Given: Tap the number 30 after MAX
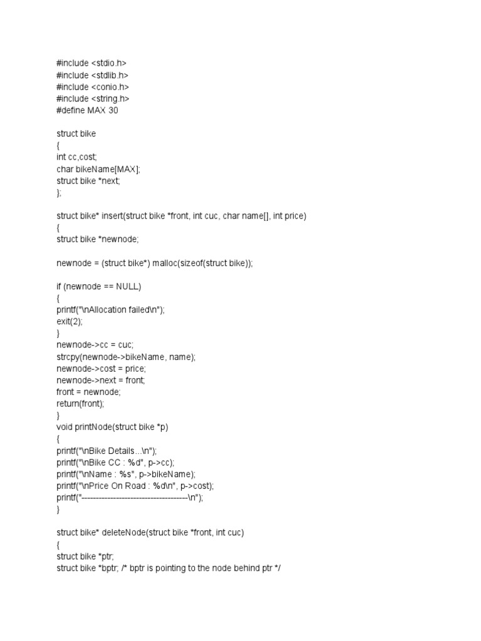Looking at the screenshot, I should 111,110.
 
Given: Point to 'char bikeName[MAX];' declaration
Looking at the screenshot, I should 98,169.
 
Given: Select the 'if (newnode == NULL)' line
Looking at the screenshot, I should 99,287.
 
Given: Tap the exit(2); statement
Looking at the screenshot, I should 70,322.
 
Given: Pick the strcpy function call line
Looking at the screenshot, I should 126,357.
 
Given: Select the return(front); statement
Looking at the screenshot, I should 80,404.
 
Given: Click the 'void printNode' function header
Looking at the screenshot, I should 112,428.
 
